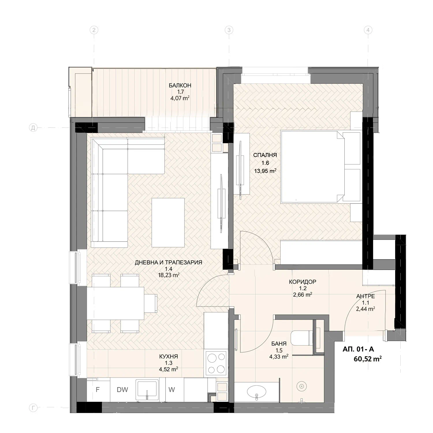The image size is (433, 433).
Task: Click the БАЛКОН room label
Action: pyautogui.click(x=180, y=85)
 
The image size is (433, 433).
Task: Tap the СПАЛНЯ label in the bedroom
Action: pyautogui.click(x=265, y=155)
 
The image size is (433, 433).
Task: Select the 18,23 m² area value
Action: pyautogui.click(x=169, y=275)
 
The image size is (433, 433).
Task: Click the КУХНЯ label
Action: pyautogui.click(x=169, y=357)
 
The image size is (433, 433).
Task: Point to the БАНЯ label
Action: pyautogui.click(x=279, y=344)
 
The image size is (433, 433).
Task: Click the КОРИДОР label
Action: pyautogui.click(x=303, y=282)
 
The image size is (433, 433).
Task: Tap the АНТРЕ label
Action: pyautogui.click(x=365, y=296)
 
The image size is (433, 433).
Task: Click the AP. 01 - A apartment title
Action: pyautogui.click(x=358, y=349)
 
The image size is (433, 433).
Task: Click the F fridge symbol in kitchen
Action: pyautogui.click(x=98, y=390)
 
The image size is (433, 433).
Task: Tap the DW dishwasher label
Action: pyautogui.click(x=122, y=390)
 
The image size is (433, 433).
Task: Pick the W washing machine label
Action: pyautogui.click(x=171, y=390)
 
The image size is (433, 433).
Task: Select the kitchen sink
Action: pyautogui.click(x=147, y=390)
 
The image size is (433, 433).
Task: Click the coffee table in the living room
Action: pyautogui.click(x=168, y=223)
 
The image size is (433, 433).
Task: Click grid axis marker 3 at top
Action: pyautogui.click(x=229, y=30)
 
